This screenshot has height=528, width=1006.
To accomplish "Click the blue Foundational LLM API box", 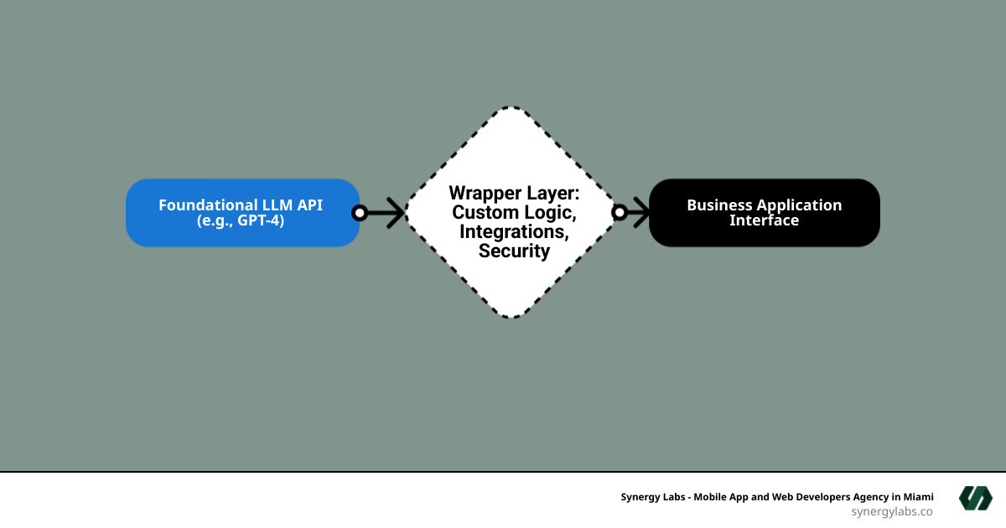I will click(x=242, y=213).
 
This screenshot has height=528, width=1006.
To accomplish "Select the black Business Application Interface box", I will click(x=764, y=213).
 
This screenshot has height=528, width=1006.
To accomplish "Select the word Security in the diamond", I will click(x=514, y=251).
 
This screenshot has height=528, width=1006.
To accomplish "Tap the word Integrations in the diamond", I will click(x=514, y=231).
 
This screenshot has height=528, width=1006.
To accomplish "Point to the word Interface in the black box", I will click(x=764, y=221).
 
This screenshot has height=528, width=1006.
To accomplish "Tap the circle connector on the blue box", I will click(x=360, y=213).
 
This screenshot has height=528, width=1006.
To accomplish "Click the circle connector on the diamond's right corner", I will click(x=620, y=213).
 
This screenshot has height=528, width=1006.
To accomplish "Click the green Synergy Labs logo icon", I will click(x=976, y=498).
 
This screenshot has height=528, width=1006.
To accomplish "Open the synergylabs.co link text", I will click(x=892, y=511).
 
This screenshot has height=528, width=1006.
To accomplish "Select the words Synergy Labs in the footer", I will click(x=656, y=496).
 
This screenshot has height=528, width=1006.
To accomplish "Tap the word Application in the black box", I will click(x=800, y=205).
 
